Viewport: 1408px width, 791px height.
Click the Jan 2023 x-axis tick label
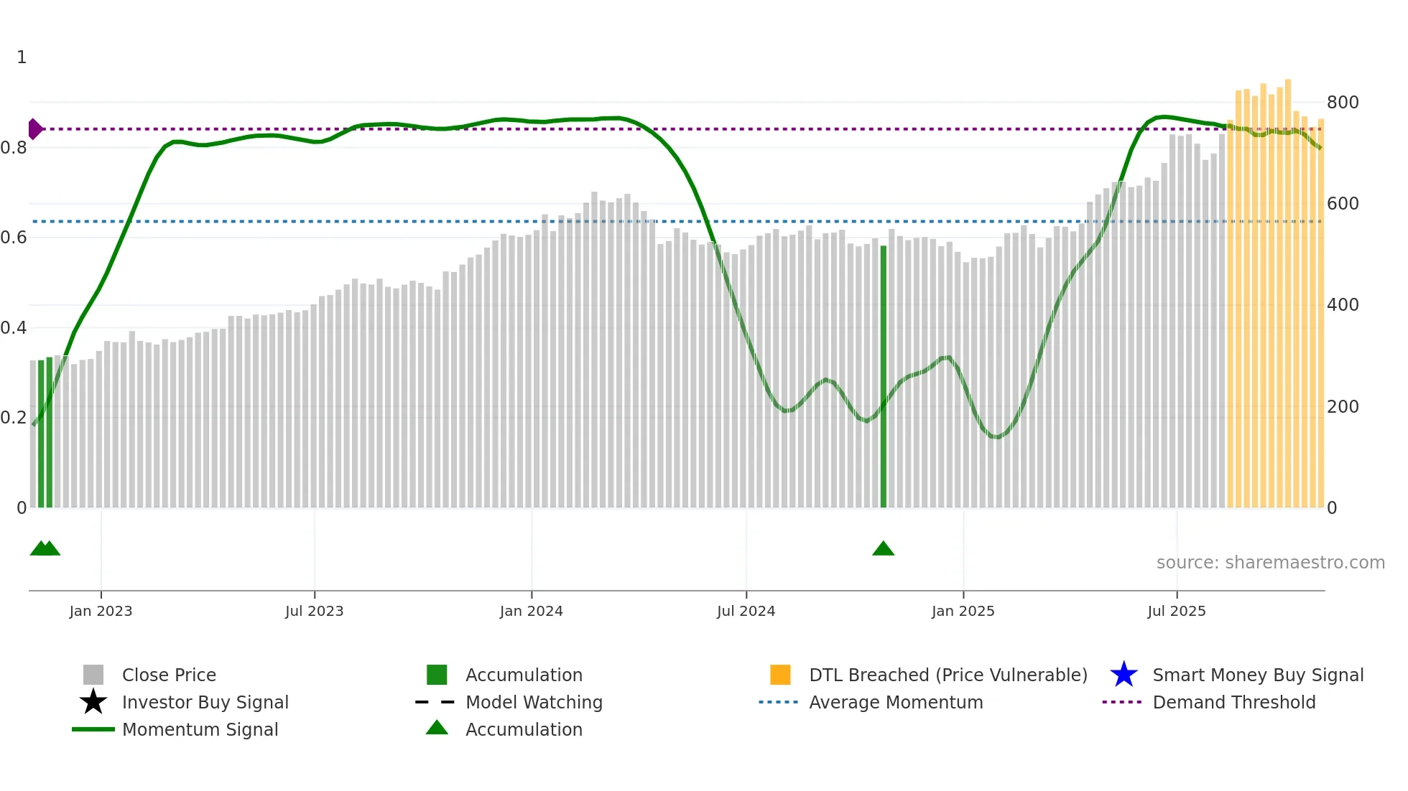[x=101, y=611]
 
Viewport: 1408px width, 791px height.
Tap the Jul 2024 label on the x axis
[x=746, y=611]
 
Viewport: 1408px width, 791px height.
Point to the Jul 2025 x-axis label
[x=1176, y=611]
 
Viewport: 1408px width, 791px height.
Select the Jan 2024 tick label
[x=531, y=611]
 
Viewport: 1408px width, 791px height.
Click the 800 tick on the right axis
[x=1342, y=103]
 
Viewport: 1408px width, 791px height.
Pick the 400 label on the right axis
[x=1342, y=305]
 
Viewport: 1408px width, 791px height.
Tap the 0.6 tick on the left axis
[x=13, y=238]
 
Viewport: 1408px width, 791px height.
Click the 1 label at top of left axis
[x=22, y=57]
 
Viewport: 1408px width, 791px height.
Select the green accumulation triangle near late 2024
[x=883, y=549]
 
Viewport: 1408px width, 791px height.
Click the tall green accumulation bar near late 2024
[x=883, y=377]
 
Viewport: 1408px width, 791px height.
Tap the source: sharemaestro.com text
[x=1270, y=563]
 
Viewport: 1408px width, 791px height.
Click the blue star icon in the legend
[x=1124, y=675]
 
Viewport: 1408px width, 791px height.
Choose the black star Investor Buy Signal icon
[x=93, y=702]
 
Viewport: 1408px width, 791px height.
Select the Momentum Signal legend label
[x=200, y=729]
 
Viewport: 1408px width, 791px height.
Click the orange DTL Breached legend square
[x=780, y=675]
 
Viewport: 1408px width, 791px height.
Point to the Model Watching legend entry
[x=534, y=702]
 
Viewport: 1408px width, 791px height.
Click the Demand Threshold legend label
[x=1233, y=702]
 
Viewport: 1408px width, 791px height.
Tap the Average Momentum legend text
[x=896, y=702]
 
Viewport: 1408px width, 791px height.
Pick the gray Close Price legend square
[x=93, y=675]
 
